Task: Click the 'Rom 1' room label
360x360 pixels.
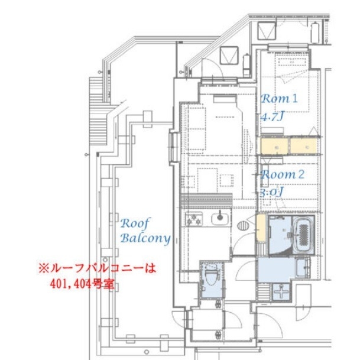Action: tap(279, 99)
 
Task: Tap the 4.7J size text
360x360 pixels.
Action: tap(273, 116)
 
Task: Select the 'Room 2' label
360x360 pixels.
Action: tap(283, 174)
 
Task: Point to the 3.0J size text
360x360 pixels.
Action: tap(271, 192)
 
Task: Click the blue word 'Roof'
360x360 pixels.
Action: tap(135, 223)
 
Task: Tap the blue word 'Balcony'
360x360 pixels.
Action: tap(145, 238)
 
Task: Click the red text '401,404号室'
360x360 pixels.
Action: tap(82, 284)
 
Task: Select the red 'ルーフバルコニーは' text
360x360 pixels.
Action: tap(98, 268)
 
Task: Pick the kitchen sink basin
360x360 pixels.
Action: tap(220, 219)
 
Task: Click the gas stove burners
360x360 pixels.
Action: tap(194, 219)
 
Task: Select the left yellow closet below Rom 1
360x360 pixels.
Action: tap(274, 147)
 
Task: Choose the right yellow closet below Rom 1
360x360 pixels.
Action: tap(304, 146)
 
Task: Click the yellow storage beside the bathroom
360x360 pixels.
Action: tap(261, 228)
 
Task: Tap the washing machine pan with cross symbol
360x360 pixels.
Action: tap(281, 292)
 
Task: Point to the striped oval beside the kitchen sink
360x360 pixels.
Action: tap(243, 225)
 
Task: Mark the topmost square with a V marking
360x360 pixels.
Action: tap(267, 31)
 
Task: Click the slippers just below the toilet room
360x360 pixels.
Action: tap(218, 304)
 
